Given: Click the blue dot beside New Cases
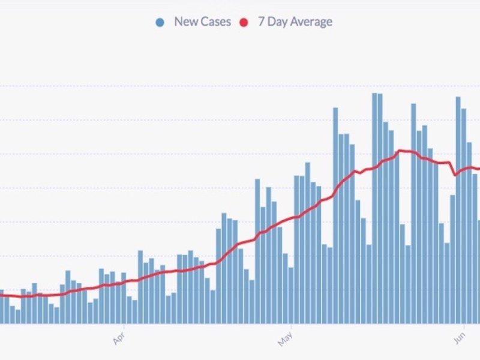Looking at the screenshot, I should click(x=160, y=22).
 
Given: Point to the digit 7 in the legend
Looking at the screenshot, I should click(x=261, y=22).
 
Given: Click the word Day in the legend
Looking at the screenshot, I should click(x=279, y=22).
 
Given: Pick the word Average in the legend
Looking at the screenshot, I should click(x=312, y=22).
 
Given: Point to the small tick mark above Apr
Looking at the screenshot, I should click(x=124, y=328).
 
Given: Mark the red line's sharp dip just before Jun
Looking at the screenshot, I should click(x=457, y=175).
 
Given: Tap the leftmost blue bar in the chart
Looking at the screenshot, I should click(x=2, y=307).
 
